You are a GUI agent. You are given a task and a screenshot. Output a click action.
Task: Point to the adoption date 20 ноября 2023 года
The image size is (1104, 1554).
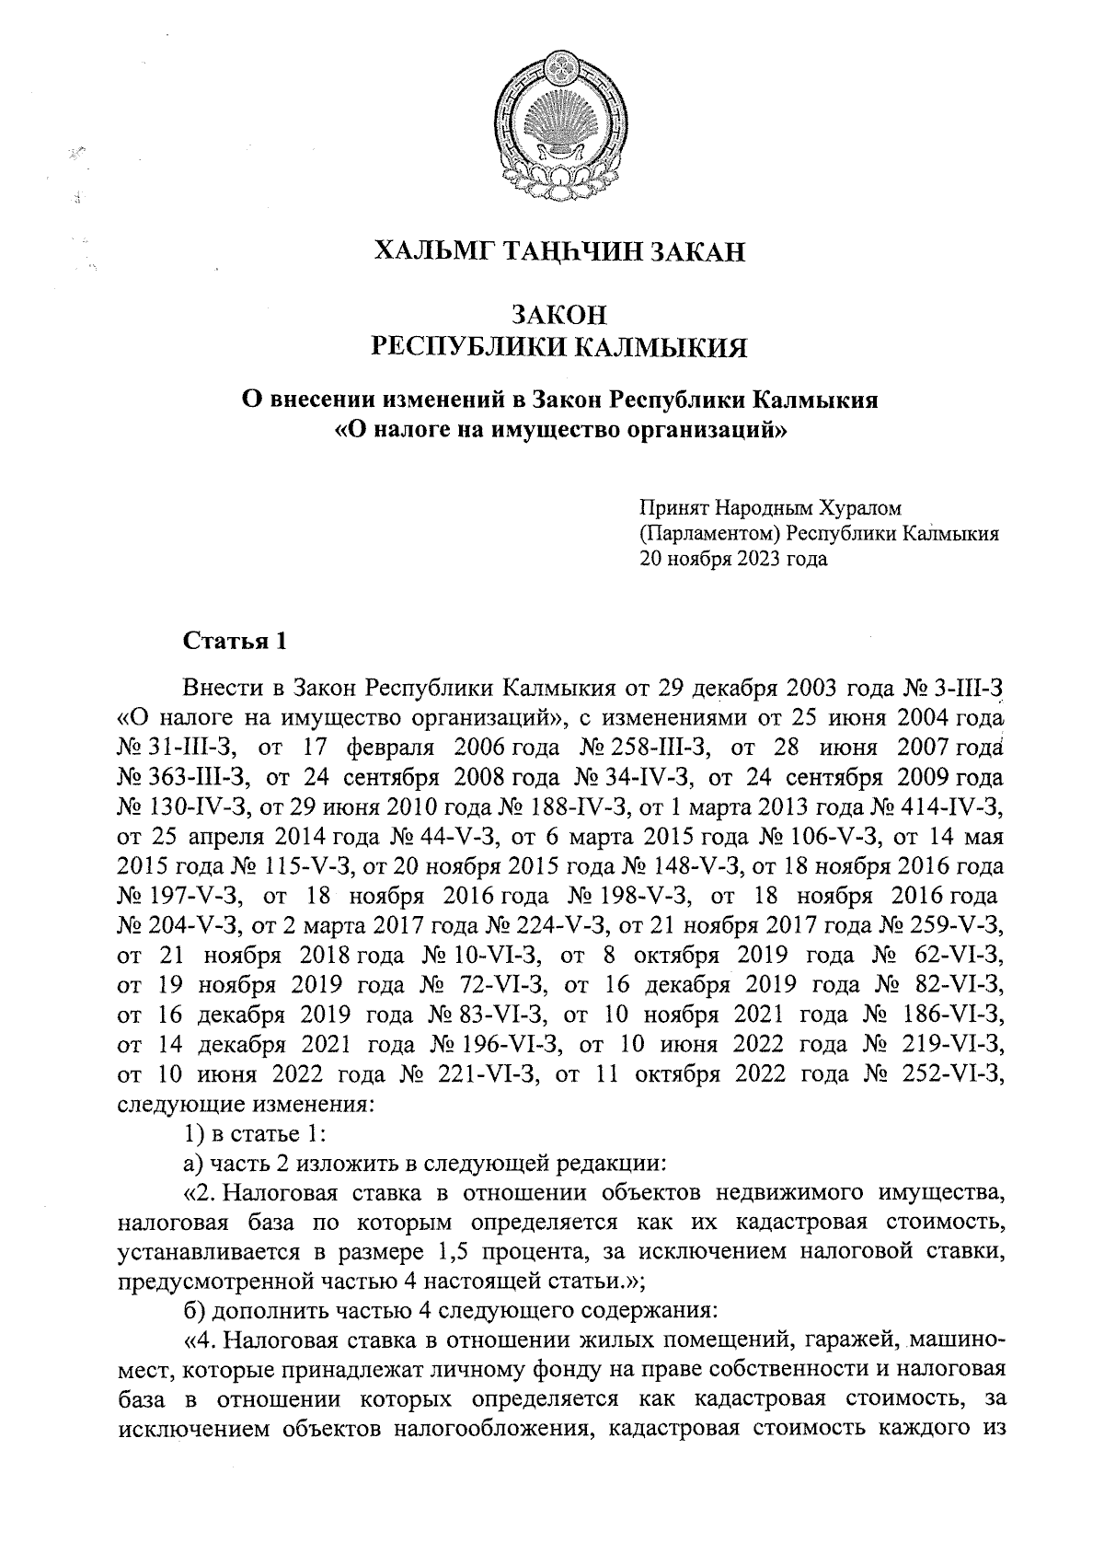tap(733, 558)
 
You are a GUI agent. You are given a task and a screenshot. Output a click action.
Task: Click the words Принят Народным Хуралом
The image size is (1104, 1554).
tap(771, 508)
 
